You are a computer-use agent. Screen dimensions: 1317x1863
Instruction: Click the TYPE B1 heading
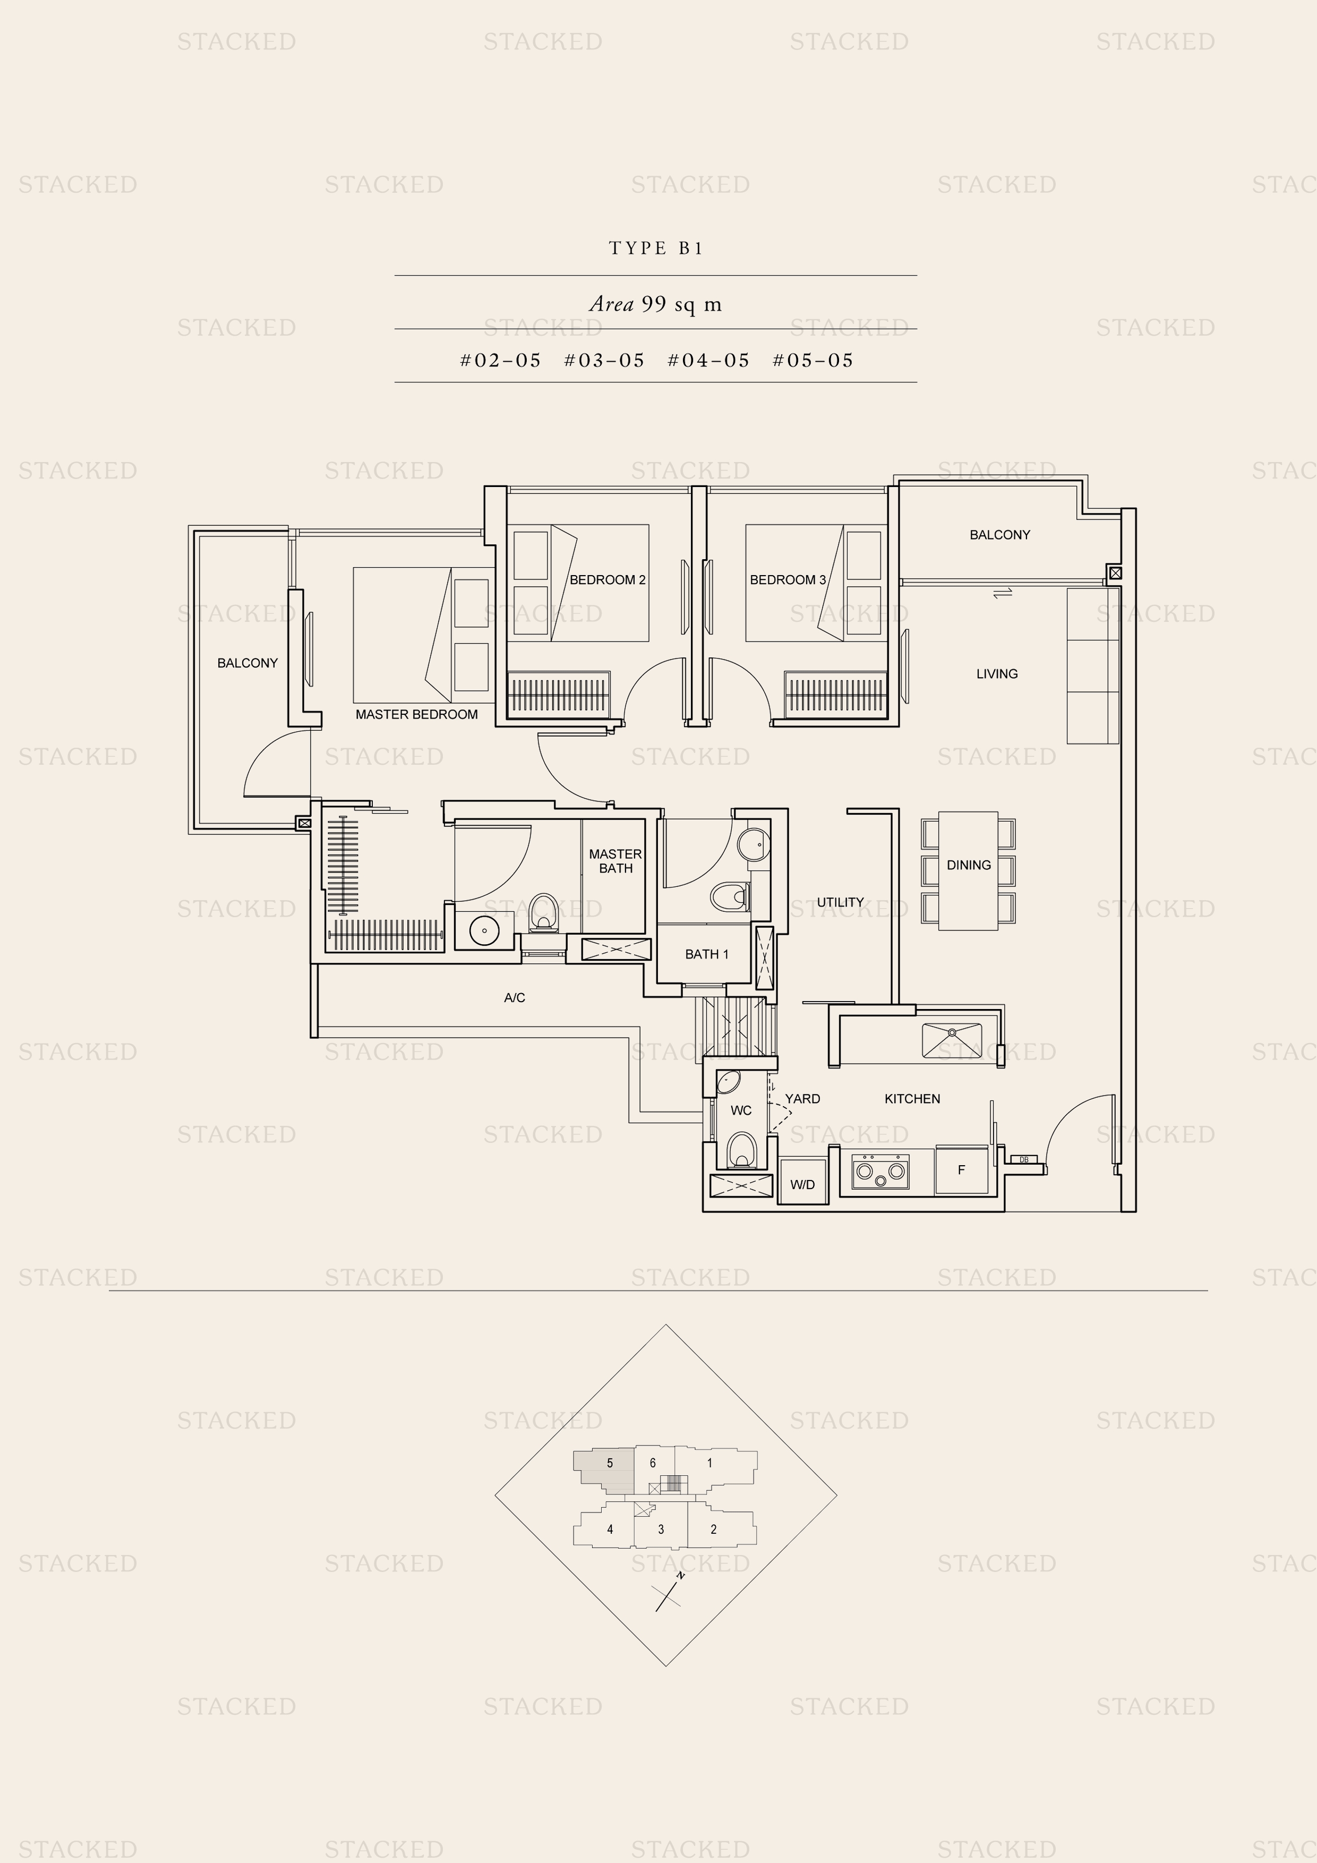(656, 249)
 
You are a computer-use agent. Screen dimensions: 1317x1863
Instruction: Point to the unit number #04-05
(708, 360)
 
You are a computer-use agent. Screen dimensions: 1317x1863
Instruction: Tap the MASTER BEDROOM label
(416, 714)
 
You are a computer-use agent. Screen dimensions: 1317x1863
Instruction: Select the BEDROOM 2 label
(608, 579)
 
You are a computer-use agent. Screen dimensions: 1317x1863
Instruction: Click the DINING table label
(969, 865)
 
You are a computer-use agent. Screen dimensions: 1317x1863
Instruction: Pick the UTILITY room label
(840, 902)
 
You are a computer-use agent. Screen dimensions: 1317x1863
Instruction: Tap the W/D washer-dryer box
(802, 1185)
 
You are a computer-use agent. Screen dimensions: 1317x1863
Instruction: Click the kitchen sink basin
(952, 1041)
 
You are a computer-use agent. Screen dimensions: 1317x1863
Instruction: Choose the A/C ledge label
(515, 998)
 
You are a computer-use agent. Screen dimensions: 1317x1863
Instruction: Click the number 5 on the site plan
(610, 1463)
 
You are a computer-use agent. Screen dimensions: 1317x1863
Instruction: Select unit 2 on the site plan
(713, 1529)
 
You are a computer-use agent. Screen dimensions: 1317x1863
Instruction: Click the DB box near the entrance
(1024, 1159)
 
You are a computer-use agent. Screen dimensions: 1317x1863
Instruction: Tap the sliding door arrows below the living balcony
(1003, 594)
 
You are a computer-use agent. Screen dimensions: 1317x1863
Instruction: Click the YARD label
(802, 1099)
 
